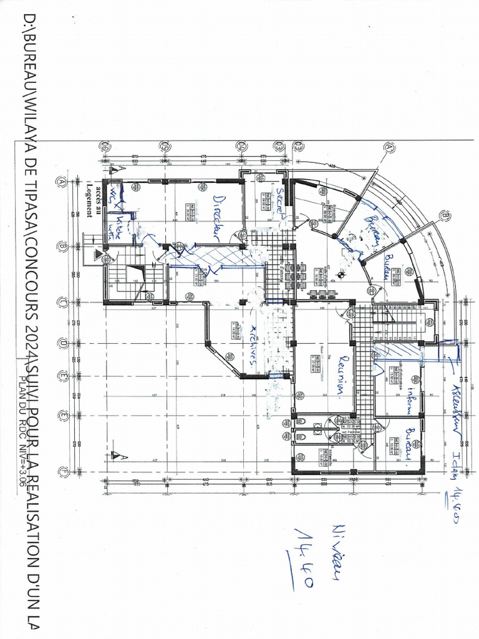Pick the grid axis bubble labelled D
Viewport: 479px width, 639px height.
coord(62,343)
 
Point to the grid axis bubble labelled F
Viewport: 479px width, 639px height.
coord(62,472)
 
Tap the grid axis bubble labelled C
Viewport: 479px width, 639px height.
coord(62,303)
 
